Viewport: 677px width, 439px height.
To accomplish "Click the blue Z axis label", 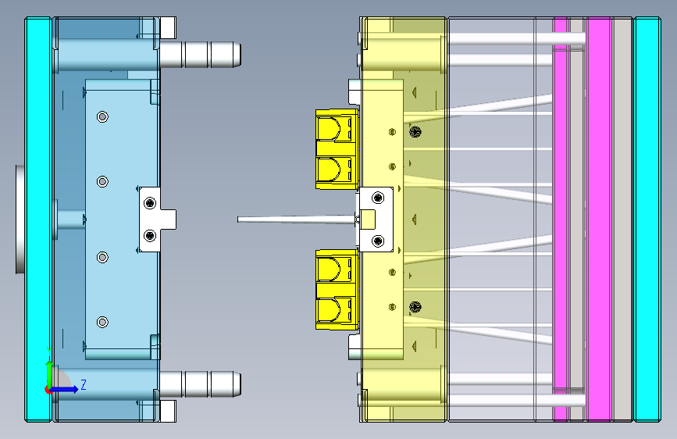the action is tap(84, 384).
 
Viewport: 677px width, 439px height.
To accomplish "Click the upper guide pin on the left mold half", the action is tap(201, 55).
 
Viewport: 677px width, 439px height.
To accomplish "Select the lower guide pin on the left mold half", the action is tap(201, 384).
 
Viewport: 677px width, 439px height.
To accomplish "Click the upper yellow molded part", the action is tap(337, 149).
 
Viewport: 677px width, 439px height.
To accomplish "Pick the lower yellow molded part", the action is tap(337, 290).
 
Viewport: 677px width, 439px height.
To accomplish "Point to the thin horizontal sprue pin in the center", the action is tap(296, 220).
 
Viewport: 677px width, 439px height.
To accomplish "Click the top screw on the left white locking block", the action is tap(150, 202).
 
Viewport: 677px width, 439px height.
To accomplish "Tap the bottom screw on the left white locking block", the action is tap(150, 235).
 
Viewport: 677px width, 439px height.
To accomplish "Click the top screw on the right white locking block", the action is tap(378, 198).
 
